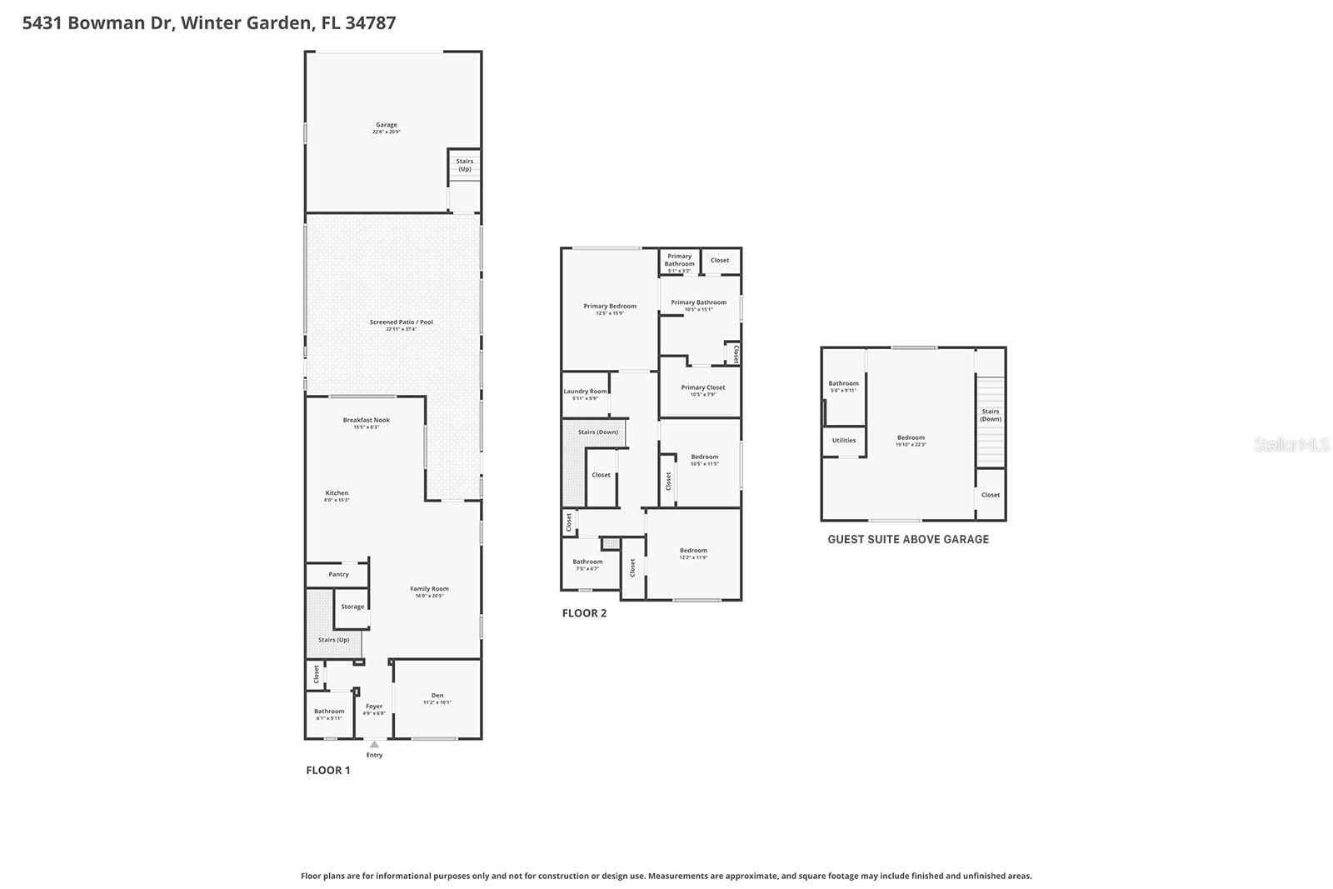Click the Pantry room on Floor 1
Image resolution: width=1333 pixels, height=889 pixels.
(x=338, y=574)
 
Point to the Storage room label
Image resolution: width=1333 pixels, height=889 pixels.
(x=352, y=607)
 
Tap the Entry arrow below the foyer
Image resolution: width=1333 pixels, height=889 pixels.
(x=374, y=745)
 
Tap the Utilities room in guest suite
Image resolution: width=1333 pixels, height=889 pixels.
(x=843, y=440)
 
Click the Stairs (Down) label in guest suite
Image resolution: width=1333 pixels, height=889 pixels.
(x=990, y=415)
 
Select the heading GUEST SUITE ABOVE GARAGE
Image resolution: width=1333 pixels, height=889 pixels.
(x=908, y=539)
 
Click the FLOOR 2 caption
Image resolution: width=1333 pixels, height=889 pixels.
(x=584, y=613)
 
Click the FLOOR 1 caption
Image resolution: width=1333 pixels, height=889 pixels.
(x=327, y=770)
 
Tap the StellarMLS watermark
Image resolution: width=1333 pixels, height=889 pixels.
(x=1291, y=444)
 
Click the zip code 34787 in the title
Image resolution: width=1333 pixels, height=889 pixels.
(x=370, y=22)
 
